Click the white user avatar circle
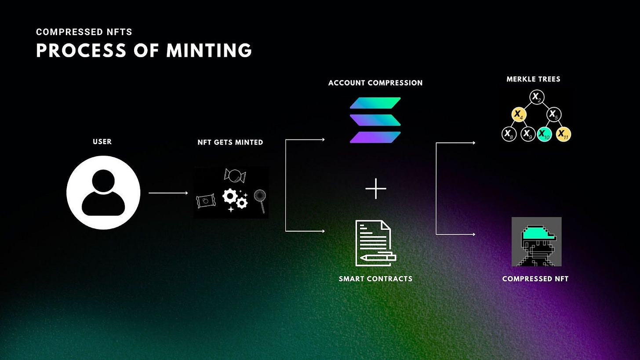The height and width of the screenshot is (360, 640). [x=103, y=193]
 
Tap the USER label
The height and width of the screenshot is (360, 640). [x=102, y=142]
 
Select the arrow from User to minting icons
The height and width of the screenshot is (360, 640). [x=168, y=193]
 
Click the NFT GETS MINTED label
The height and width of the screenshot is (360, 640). [x=230, y=142]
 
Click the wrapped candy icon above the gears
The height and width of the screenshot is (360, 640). [x=235, y=176]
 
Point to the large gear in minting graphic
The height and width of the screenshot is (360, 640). [x=229, y=196]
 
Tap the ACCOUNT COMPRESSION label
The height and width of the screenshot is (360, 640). [x=375, y=83]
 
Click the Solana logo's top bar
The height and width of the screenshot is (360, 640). [x=375, y=103]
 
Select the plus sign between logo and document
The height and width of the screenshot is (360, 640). [x=376, y=189]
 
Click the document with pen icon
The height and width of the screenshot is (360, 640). [x=375, y=243]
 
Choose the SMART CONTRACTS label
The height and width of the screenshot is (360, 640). [x=375, y=279]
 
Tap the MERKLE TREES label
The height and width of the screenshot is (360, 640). [x=533, y=79]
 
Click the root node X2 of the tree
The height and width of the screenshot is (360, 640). [x=537, y=97]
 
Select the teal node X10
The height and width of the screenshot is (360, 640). [x=545, y=134]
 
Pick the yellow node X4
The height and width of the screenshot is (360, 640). [x=519, y=115]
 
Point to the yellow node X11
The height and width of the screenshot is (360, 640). [x=563, y=134]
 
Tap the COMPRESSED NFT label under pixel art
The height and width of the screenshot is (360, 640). [x=535, y=279]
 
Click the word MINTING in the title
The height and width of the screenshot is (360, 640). [x=209, y=51]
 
